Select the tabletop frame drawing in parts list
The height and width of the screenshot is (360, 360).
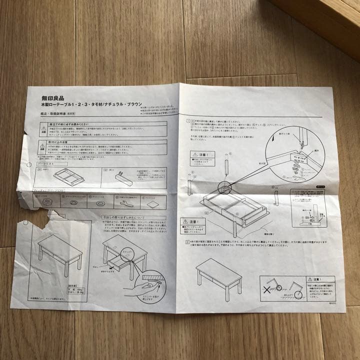(67, 176)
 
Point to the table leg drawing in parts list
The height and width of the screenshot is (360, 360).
(120, 176)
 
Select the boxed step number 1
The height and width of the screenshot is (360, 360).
(187, 121)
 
